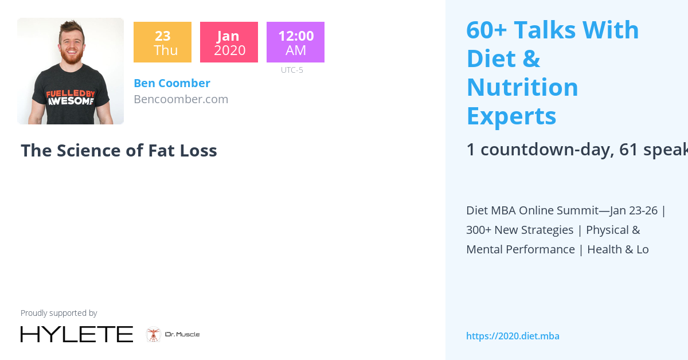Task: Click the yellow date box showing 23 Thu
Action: [162, 42]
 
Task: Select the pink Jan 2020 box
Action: [229, 42]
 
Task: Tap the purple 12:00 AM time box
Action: [295, 42]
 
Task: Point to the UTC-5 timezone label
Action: [292, 70]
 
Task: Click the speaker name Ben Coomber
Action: [172, 83]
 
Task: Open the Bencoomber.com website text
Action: [181, 99]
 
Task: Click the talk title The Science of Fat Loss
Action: [119, 151]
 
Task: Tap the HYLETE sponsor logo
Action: [77, 334]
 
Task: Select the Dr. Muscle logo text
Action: [182, 334]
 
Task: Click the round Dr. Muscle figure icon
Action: [153, 334]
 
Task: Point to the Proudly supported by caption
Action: [58, 313]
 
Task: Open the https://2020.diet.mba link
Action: [513, 336]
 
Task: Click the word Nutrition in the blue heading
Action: [522, 87]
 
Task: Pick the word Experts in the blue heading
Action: [511, 116]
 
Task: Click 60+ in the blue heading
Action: [487, 30]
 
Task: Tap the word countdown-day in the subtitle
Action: [547, 150]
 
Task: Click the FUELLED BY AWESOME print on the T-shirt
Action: [71, 97]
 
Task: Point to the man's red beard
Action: [72, 57]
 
